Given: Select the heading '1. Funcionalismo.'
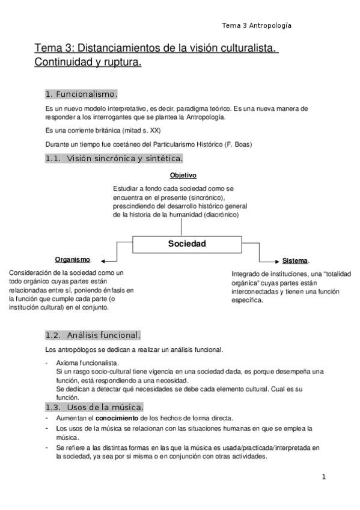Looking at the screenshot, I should click(81, 94).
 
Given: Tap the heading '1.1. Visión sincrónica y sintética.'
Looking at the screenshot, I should click(114, 158).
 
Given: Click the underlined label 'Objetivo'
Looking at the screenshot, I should click(183, 175).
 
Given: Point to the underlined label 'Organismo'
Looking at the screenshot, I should click(73, 259).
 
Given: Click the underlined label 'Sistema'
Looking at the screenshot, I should click(295, 261).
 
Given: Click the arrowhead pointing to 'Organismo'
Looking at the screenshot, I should click(103, 261).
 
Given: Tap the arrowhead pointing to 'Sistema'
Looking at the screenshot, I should click(275, 261).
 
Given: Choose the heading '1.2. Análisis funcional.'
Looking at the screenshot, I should click(93, 335).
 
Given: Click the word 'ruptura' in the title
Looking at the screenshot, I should click(120, 62).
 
